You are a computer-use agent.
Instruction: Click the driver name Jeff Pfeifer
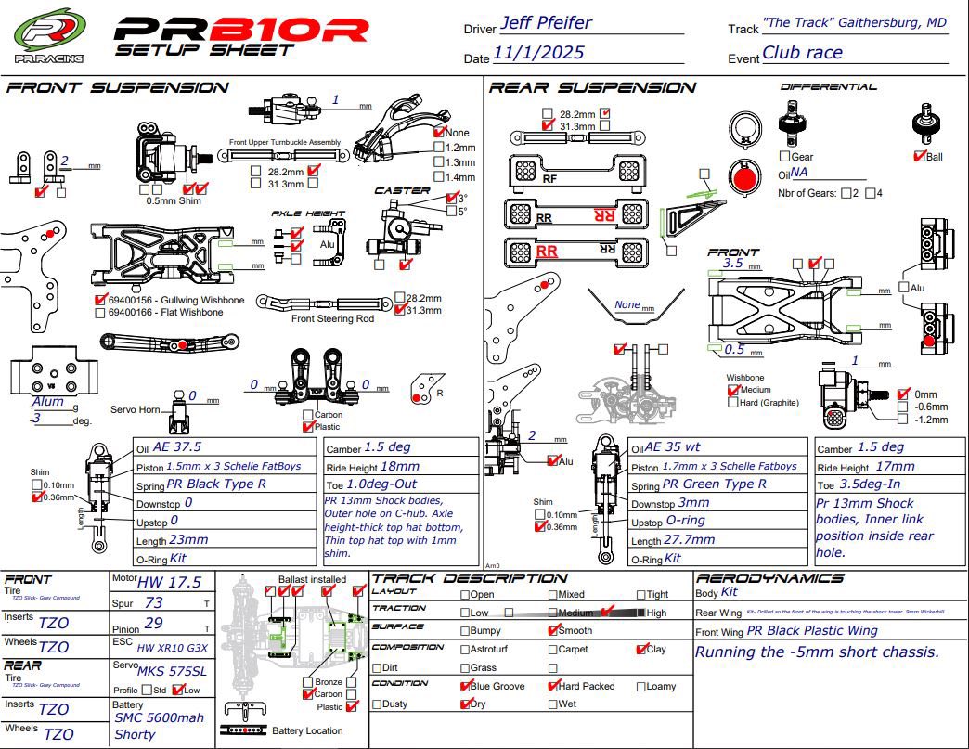pos(545,23)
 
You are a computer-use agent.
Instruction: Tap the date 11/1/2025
pos(538,53)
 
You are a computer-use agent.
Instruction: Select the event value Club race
pos(802,53)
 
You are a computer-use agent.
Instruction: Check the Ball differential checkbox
pos(920,156)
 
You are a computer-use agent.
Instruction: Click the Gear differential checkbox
pos(784,156)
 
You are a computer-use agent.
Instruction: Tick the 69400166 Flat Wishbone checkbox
pos(100,313)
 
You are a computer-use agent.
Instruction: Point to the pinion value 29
pos(154,623)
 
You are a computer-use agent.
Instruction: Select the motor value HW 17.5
pos(168,582)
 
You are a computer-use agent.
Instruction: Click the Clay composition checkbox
pos(641,649)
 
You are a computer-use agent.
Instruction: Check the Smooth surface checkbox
pos(554,630)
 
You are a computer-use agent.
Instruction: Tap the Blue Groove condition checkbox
pos(466,686)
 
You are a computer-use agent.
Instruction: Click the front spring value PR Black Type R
pos(216,484)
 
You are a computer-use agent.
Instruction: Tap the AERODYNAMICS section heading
pos(769,577)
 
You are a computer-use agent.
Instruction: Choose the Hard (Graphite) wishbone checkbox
pos(732,402)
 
